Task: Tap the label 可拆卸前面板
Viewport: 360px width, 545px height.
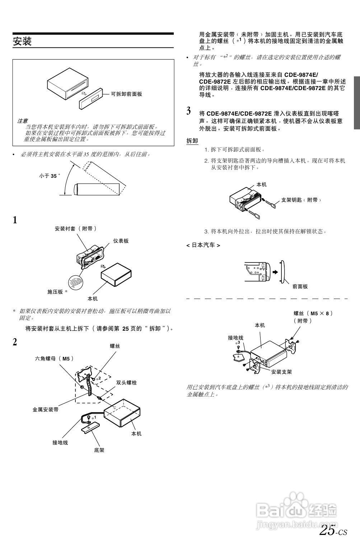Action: coord(126,94)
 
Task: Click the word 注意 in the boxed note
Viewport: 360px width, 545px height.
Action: coord(22,121)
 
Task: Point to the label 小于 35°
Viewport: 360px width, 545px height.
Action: coord(50,176)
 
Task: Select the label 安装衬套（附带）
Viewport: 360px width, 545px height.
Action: coord(76,229)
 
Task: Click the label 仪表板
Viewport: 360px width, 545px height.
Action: coord(121,241)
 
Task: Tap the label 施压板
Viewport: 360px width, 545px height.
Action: coord(55,292)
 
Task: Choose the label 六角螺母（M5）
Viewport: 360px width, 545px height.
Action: coord(54,358)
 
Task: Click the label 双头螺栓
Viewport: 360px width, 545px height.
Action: coord(126,383)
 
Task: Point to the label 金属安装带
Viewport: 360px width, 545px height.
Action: coord(46,410)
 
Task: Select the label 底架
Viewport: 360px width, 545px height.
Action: coord(99,450)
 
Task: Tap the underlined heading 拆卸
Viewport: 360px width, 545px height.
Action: coord(192,141)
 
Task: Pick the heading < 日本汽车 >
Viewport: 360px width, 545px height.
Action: coord(203,245)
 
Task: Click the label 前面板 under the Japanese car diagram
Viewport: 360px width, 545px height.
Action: coord(300,287)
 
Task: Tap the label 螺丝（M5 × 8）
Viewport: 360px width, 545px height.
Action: coord(313,313)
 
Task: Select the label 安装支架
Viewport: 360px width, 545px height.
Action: coord(281,372)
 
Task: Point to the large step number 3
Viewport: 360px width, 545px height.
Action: coord(189,111)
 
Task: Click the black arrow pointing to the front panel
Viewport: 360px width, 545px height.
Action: coord(275,272)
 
